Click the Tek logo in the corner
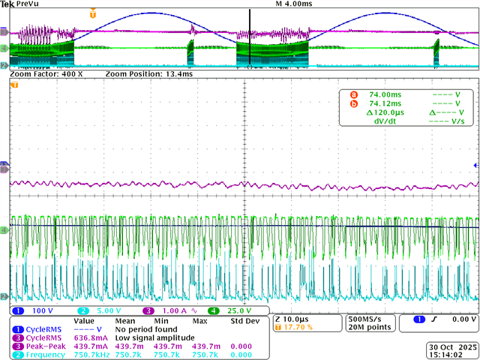tap(7, 4)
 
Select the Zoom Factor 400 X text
tap(46, 75)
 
